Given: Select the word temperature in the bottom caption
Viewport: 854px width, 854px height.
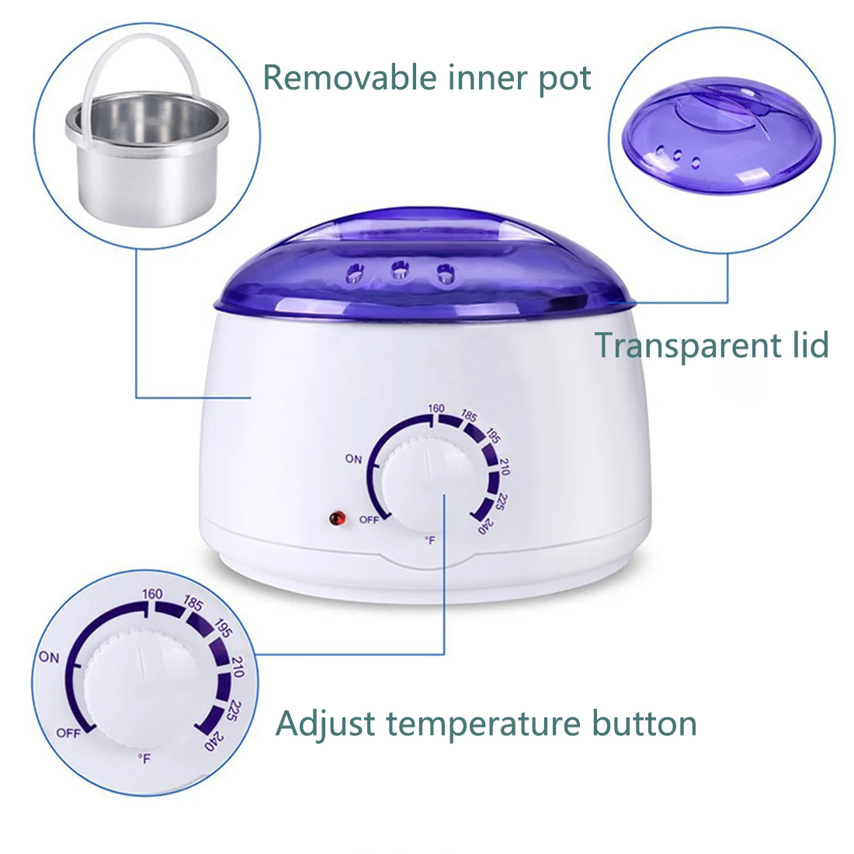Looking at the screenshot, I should pos(484,724).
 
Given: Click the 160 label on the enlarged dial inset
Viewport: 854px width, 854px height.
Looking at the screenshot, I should pos(152,594).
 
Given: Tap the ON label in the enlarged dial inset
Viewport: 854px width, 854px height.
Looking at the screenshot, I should pos(49,658).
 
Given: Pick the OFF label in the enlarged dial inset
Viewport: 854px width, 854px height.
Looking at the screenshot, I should pos(68,733).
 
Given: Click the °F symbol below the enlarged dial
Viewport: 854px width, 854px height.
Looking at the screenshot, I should pos(144,759).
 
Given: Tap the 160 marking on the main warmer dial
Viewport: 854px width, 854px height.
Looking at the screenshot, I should pos(436,408).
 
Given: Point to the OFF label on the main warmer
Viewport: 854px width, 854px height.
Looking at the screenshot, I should pos(369,519).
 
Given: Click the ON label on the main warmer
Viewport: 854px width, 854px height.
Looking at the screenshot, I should pos(353,459).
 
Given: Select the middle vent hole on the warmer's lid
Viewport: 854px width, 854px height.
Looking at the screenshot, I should pos(401,270).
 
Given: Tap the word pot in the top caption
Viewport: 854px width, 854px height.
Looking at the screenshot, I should pos(565,79).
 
